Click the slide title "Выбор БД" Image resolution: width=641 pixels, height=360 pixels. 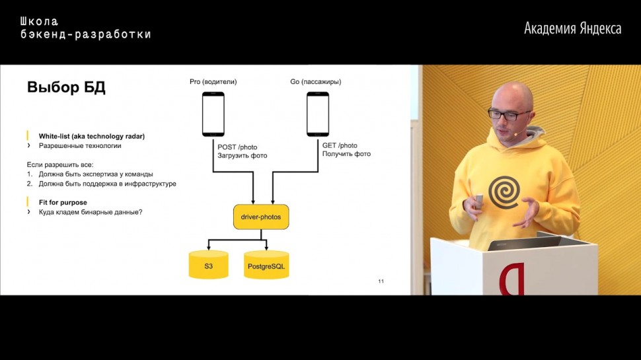click(x=66, y=88)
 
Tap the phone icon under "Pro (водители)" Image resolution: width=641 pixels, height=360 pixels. click(x=213, y=114)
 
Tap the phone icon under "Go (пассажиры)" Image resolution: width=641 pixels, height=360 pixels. click(x=317, y=114)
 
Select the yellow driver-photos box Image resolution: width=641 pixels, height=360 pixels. click(x=261, y=217)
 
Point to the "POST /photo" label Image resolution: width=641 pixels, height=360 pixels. click(x=237, y=146)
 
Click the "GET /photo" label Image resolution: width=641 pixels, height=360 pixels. click(x=340, y=145)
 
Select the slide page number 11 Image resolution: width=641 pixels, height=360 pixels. click(x=381, y=282)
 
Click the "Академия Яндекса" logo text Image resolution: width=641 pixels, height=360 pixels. click(x=572, y=28)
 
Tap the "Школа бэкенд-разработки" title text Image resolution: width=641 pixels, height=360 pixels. click(x=85, y=28)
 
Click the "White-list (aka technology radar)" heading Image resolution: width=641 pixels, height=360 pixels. click(x=91, y=136)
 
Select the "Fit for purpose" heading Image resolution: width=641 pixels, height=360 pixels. click(x=63, y=202)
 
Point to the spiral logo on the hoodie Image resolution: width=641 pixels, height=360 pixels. click(x=504, y=191)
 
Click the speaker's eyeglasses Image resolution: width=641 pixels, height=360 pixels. click(x=509, y=114)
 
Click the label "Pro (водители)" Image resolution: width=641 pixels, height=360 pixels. click(x=213, y=82)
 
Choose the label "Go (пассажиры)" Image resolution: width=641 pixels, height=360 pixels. click(x=315, y=82)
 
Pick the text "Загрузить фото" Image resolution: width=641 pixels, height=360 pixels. click(x=242, y=156)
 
